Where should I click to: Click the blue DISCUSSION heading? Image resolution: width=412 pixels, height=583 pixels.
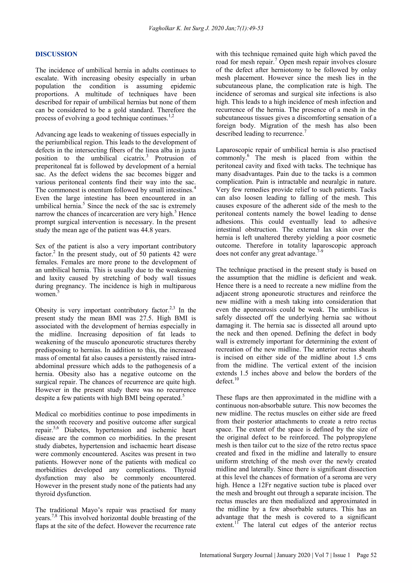coord(56,54)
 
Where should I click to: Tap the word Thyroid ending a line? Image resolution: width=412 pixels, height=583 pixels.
coord(185,470)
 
